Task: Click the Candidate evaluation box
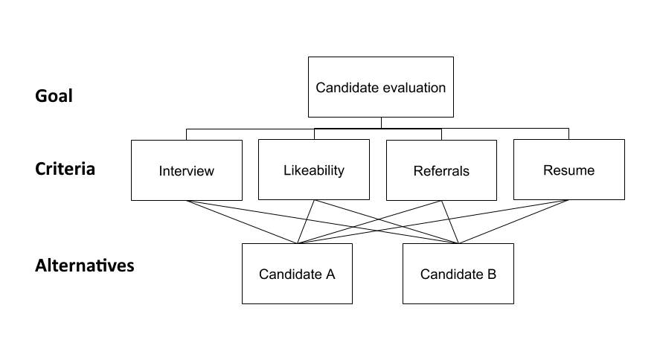[380, 87]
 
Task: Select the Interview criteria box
[186, 170]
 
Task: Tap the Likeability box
[313, 170]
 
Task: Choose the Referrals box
[441, 170]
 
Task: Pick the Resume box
[568, 170]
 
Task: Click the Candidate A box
[297, 274]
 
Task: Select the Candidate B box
[458, 274]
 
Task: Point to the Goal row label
[54, 96]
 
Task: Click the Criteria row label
[65, 169]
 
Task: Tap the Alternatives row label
[84, 266]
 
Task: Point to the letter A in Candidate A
[330, 274]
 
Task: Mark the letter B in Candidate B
[491, 274]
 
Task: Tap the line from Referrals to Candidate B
[450, 222]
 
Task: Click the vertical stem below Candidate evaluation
[381, 123]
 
